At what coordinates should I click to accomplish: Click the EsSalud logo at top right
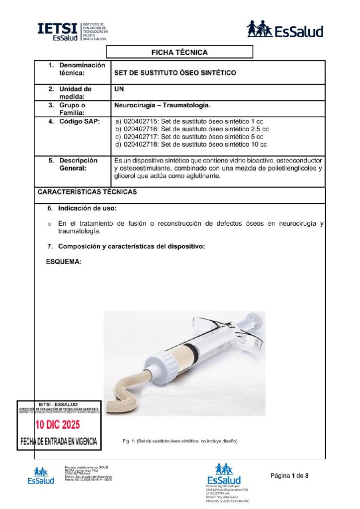pyautogui.click(x=285, y=29)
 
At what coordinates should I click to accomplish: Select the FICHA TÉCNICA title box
pyautogui.click(x=180, y=52)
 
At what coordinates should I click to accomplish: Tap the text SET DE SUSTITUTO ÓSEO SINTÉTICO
pyautogui.click(x=175, y=73)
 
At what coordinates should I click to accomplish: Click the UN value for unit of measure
pyautogui.click(x=119, y=89)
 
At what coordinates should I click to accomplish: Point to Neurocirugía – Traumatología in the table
pyautogui.click(x=162, y=105)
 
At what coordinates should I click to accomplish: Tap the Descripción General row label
pyautogui.click(x=78, y=165)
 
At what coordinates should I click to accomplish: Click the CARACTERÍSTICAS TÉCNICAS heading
pyautogui.click(x=88, y=192)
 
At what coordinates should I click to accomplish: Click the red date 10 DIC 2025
pyautogui.click(x=57, y=425)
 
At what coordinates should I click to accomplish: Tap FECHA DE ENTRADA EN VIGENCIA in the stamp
pyautogui.click(x=59, y=441)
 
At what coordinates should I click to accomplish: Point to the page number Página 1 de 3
pyautogui.click(x=289, y=476)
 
